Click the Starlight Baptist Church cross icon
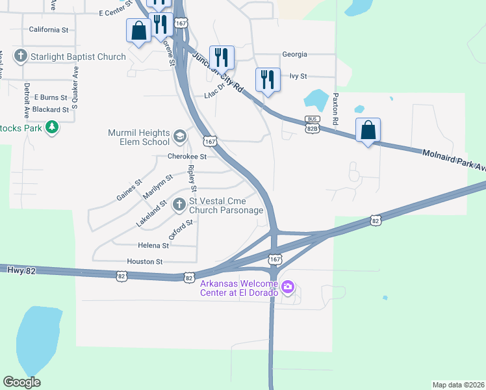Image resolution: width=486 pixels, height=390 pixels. point(20,56)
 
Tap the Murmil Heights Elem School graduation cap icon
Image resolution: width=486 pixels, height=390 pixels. point(180,138)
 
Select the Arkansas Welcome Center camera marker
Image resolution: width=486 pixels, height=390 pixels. point(288,286)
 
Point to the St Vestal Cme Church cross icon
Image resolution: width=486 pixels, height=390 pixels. point(180,205)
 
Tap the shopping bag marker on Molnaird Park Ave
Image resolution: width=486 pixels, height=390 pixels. point(368,130)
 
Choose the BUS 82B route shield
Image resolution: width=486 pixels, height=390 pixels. point(313,124)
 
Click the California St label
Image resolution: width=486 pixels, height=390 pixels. point(49,30)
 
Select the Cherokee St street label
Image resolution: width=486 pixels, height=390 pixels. point(186,157)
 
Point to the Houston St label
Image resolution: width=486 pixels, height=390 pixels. point(145,261)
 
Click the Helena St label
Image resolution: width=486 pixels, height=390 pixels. point(153,246)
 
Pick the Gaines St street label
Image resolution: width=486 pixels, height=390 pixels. point(129,189)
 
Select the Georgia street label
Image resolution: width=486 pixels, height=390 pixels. point(294,55)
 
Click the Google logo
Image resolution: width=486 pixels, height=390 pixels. point(21,382)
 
